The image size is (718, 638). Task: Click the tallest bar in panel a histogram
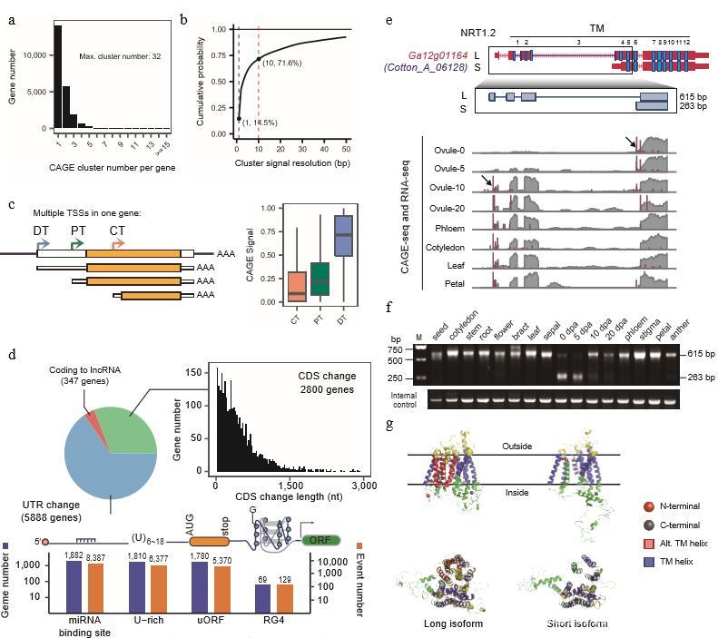58,76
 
